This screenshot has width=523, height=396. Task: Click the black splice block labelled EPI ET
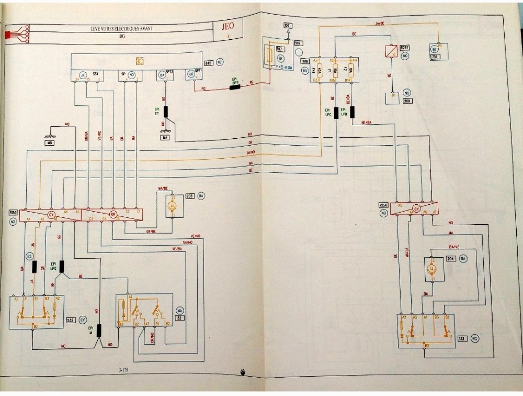[167, 112]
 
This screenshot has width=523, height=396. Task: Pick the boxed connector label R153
[14, 213]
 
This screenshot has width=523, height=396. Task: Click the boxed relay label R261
[404, 48]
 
